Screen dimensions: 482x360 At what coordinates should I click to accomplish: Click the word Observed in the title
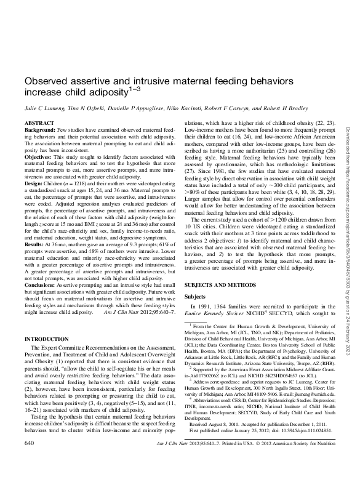click(46, 82)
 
